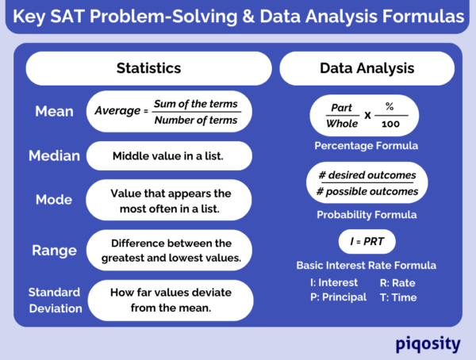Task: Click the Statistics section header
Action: point(149,68)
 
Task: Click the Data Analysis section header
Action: point(367,68)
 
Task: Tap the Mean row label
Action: point(54,111)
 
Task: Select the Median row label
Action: point(54,155)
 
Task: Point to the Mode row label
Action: point(54,200)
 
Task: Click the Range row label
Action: point(54,250)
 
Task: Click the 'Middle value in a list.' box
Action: point(167,155)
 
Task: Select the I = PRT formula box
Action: point(367,240)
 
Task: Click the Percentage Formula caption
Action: point(367,146)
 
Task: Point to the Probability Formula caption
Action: point(367,214)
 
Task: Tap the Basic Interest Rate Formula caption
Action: point(367,266)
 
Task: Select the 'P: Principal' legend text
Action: point(338,297)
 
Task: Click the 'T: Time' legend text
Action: point(397,297)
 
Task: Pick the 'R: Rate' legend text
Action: point(397,282)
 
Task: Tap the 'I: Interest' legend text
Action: point(334,282)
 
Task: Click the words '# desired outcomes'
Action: point(367,174)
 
